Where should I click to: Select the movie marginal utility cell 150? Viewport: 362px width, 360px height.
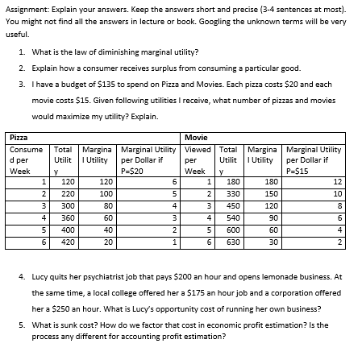coord(273,194)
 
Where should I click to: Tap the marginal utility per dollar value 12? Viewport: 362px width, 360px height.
coord(338,183)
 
